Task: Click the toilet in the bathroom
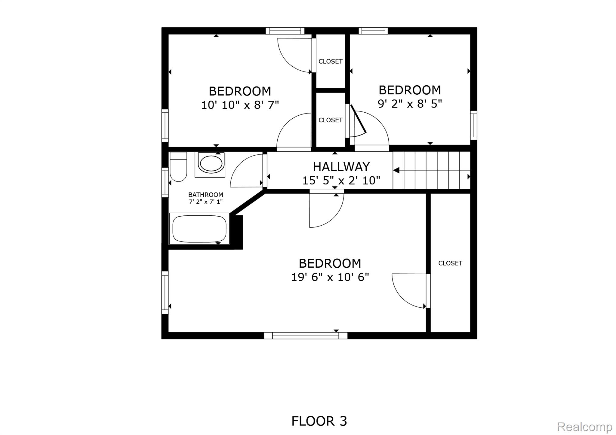click(x=178, y=167)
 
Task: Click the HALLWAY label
click(x=341, y=167)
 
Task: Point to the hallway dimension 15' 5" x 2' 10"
click(x=341, y=181)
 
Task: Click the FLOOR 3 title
click(x=319, y=421)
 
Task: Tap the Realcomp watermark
click(x=584, y=427)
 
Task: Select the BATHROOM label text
click(x=206, y=195)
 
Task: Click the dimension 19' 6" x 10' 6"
click(x=330, y=277)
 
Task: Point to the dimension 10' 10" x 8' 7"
click(x=240, y=105)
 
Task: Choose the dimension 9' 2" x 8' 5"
click(x=410, y=104)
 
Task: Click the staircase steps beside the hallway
click(x=432, y=170)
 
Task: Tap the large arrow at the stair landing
click(x=396, y=170)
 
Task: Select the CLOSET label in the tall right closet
click(x=450, y=263)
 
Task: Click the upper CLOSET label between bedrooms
click(x=331, y=61)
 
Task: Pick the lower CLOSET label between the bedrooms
click(x=331, y=120)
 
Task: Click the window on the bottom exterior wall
click(x=306, y=336)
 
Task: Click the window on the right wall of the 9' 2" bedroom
click(x=474, y=125)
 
